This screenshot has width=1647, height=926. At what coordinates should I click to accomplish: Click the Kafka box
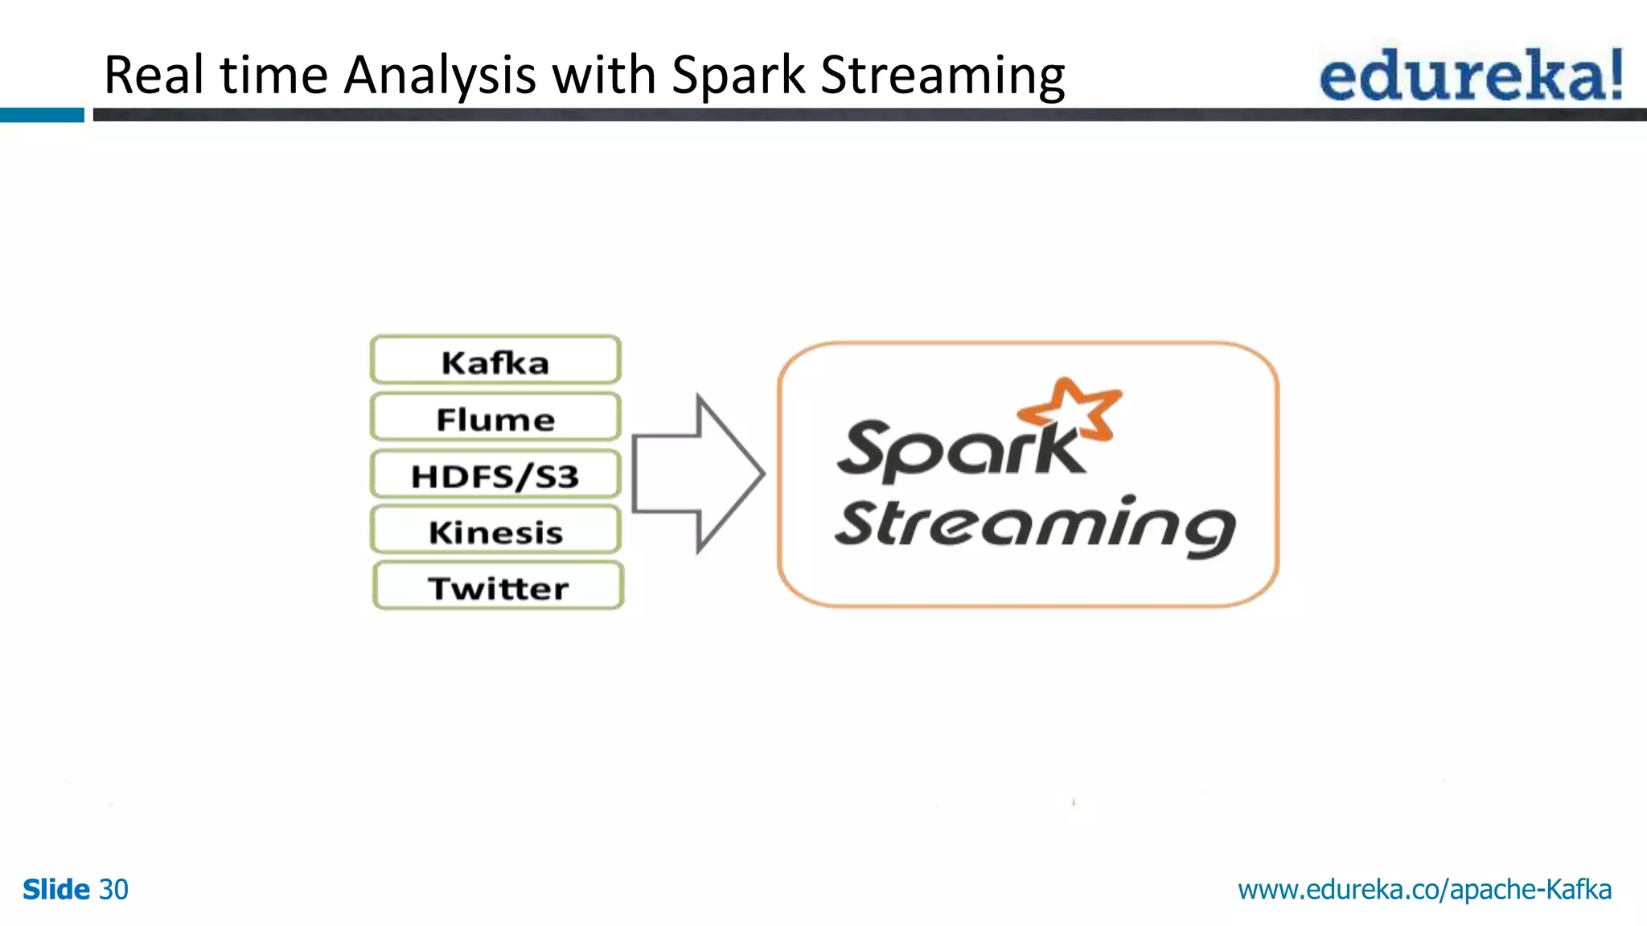click(495, 361)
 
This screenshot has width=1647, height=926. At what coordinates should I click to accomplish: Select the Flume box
click(495, 418)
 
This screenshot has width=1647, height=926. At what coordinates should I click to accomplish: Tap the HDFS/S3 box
click(495, 475)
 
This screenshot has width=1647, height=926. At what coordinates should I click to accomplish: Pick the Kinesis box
click(495, 531)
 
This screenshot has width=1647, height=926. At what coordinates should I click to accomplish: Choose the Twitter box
click(498, 587)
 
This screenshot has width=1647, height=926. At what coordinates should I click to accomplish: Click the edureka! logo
click(1471, 75)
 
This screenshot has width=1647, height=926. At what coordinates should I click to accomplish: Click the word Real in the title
click(154, 75)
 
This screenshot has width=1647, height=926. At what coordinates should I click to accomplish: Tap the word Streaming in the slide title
click(942, 75)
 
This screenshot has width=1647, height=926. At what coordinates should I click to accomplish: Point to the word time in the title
click(273, 75)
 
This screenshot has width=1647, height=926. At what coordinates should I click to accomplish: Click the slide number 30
click(113, 889)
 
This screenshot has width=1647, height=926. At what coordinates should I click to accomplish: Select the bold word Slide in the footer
click(55, 889)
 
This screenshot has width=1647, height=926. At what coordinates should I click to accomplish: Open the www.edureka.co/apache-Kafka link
click(1424, 889)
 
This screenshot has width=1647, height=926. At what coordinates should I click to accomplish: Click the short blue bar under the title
click(42, 115)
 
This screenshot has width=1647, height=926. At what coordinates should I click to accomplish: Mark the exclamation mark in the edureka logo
click(1613, 75)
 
